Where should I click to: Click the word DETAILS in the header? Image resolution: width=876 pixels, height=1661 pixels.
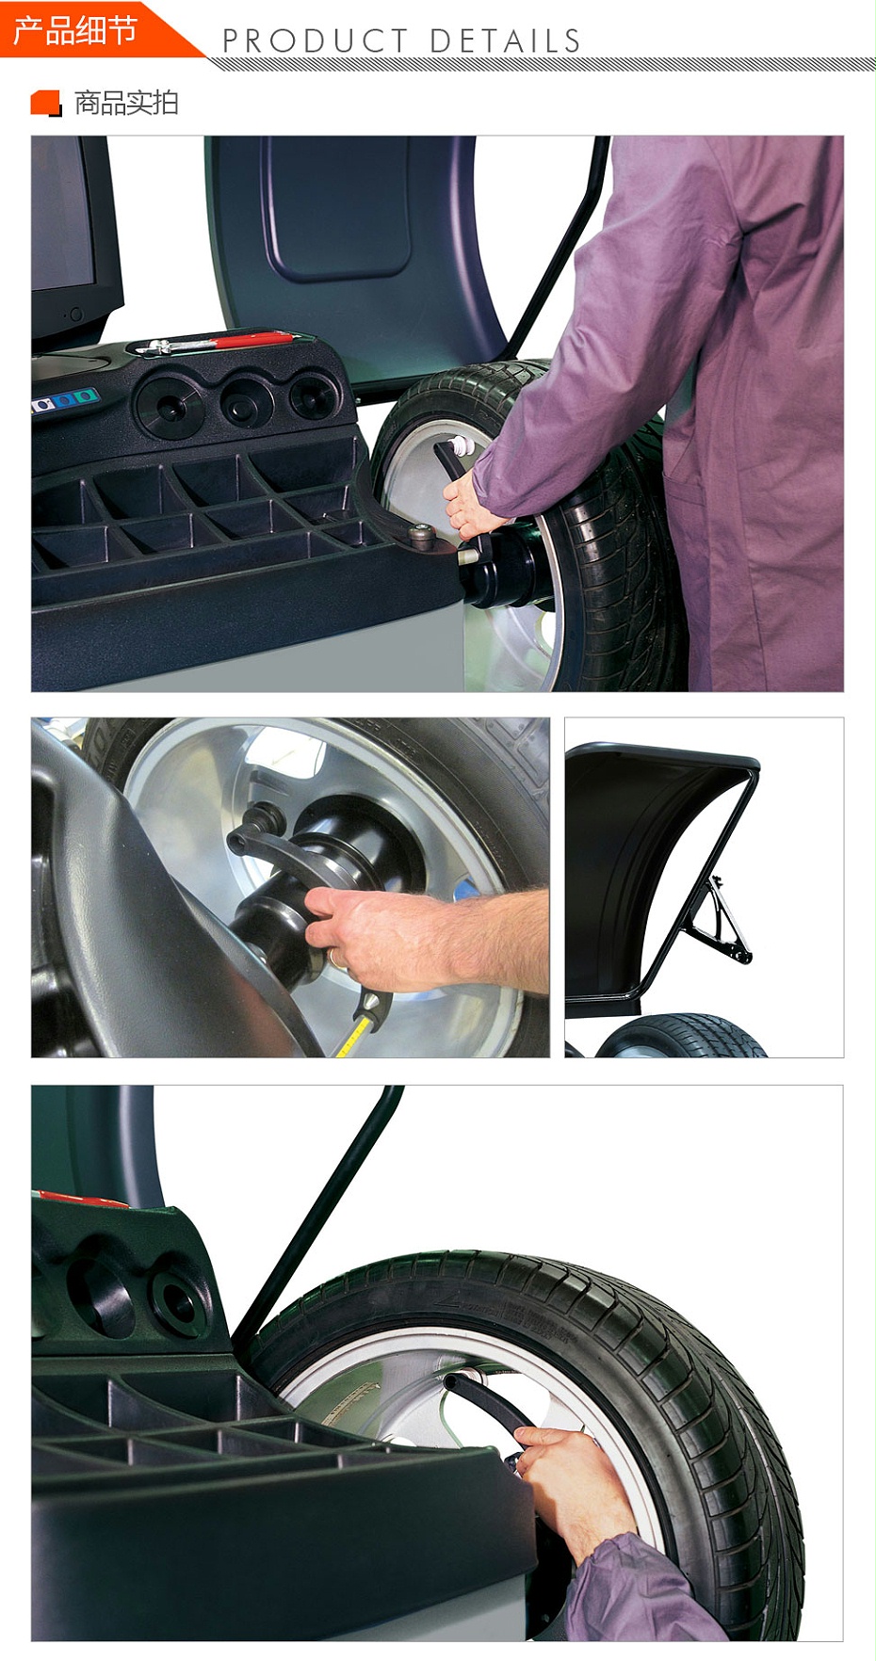pos(506,41)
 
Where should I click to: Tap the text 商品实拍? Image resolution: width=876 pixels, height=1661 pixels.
pos(126,103)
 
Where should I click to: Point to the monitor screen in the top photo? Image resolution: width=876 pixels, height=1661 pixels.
pos(63,214)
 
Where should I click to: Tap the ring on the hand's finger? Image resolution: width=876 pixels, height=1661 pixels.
pos(334,959)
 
